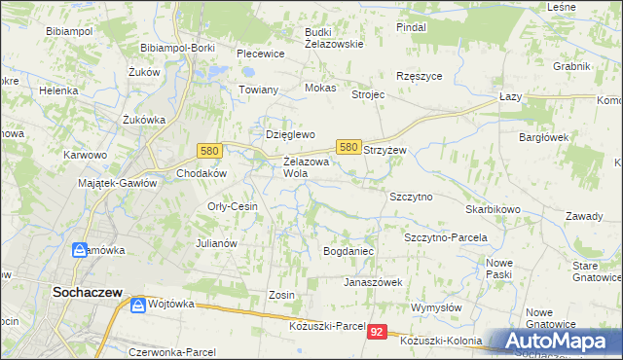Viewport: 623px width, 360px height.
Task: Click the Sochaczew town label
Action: (86, 291)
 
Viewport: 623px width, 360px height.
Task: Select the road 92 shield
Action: (379, 333)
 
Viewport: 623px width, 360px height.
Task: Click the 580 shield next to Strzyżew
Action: (349, 146)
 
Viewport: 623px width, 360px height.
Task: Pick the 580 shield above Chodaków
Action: (208, 151)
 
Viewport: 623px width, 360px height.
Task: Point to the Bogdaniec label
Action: (349, 251)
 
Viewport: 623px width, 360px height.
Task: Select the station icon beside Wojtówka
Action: (139, 306)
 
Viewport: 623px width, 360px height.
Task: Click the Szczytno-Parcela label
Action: (445, 237)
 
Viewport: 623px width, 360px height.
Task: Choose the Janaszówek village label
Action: (374, 282)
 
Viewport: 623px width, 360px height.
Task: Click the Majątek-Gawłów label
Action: (118, 183)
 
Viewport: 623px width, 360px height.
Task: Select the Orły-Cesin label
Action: (232, 206)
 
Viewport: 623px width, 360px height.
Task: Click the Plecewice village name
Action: (260, 54)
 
